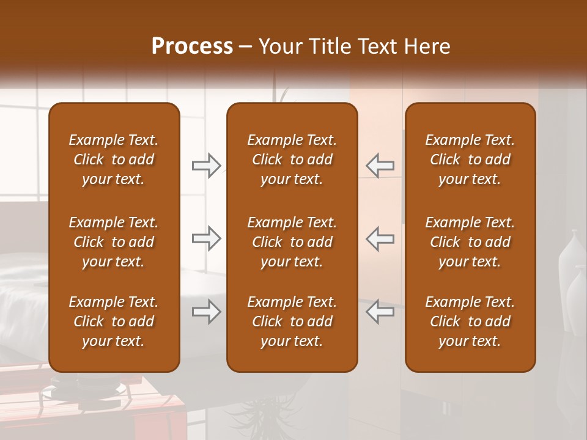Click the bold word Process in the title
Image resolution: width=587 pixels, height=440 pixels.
click(x=192, y=46)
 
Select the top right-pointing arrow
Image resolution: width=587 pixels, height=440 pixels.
click(x=206, y=166)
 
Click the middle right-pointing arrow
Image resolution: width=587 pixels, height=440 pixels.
click(x=206, y=238)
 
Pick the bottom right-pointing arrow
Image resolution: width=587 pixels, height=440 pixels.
click(x=206, y=312)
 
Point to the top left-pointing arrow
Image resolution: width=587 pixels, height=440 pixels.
click(x=380, y=166)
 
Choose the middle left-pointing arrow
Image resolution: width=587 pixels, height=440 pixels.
click(x=380, y=238)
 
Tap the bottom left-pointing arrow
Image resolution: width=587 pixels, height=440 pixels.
click(x=380, y=312)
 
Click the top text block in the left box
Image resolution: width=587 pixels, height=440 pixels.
click(x=114, y=159)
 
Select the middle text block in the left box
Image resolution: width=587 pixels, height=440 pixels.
click(x=114, y=242)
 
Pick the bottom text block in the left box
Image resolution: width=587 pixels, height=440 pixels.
click(x=114, y=321)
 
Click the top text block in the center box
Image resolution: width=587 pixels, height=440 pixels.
click(x=292, y=159)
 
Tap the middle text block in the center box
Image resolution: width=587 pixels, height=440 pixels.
click(x=292, y=242)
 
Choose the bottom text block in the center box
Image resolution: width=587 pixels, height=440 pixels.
click(x=292, y=321)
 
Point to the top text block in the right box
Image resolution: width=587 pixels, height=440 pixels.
click(x=470, y=159)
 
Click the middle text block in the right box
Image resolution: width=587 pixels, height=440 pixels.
click(x=470, y=242)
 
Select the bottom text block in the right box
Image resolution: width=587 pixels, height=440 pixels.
click(x=470, y=321)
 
